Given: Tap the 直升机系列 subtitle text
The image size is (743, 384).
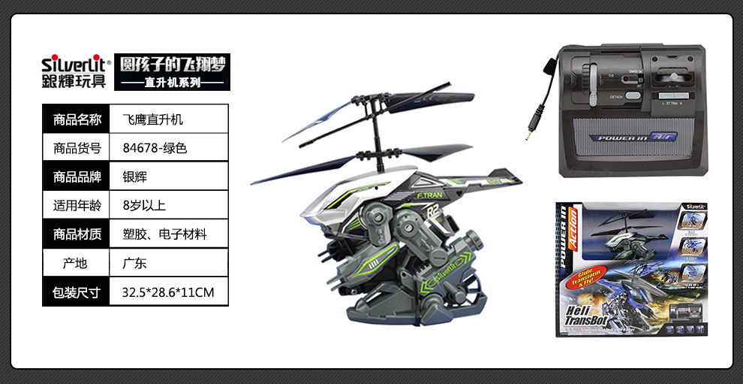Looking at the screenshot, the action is (x=173, y=83).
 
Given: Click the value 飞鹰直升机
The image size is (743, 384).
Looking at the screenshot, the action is (x=152, y=119).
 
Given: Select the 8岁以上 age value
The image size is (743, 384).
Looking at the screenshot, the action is (x=143, y=205).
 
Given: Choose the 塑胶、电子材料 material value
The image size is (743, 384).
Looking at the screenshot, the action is (x=164, y=234).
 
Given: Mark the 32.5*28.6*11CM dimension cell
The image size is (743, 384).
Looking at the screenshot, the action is (x=167, y=292).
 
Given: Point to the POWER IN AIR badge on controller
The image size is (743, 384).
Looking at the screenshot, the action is (x=630, y=138).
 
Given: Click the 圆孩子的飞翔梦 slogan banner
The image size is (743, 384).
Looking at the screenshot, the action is (x=173, y=63).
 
